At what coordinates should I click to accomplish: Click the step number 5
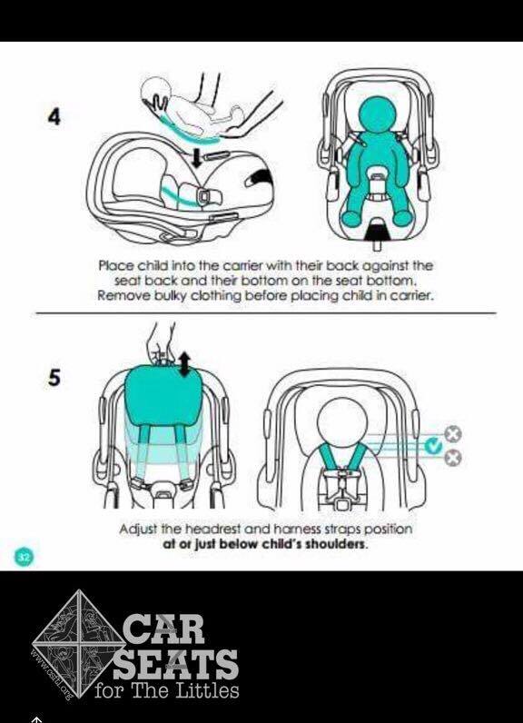click(x=54, y=377)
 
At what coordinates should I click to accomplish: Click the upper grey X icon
click(x=453, y=434)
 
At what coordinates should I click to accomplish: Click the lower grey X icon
click(x=453, y=458)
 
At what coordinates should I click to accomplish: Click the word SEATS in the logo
click(x=176, y=664)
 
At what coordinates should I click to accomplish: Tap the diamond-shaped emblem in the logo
click(x=76, y=644)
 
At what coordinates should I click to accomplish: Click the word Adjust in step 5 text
click(x=139, y=529)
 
